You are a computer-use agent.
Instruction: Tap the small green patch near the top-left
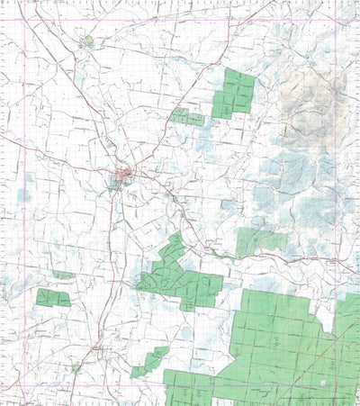click(x=87, y=41)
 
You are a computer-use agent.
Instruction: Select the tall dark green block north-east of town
click(x=235, y=92)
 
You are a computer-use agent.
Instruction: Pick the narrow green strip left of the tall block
click(x=187, y=117)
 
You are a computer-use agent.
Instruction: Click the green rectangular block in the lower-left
click(x=53, y=297)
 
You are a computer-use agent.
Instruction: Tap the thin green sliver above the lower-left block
click(x=63, y=275)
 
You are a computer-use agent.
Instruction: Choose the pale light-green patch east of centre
click(x=258, y=240)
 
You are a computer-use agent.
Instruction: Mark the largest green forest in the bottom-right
click(x=279, y=347)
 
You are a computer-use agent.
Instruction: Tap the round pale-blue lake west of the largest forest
click(x=184, y=333)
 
